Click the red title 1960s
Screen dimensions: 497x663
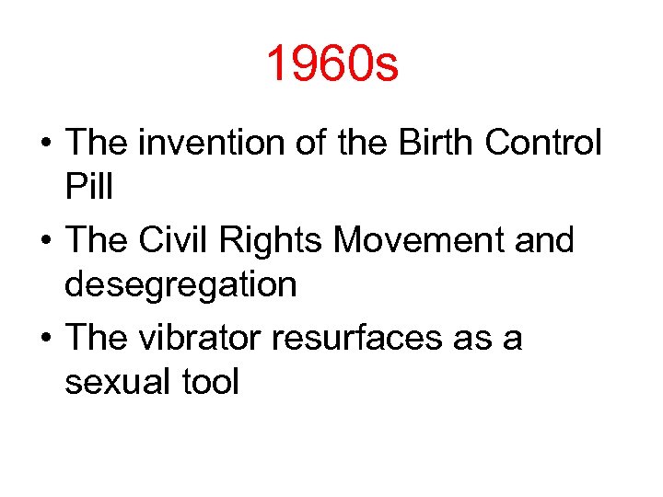pos(331,65)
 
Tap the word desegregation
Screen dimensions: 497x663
pos(181,285)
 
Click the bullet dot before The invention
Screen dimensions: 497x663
pos(44,145)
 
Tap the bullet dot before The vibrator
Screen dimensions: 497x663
pos(44,340)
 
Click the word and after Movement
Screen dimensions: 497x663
pos(542,241)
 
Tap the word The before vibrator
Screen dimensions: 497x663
pos(94,338)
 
